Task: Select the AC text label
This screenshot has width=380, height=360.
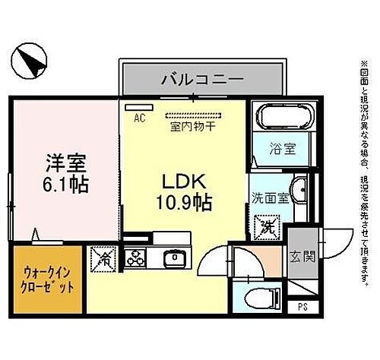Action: [x=140, y=118]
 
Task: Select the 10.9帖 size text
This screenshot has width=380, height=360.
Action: [x=185, y=203]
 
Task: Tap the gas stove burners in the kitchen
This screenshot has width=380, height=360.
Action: [x=137, y=257]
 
